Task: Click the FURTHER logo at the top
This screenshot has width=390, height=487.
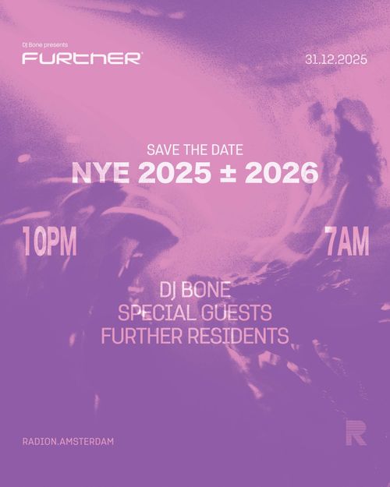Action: pos(82,58)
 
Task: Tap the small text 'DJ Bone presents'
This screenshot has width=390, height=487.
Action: pos(46,45)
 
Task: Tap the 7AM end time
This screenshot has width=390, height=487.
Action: pos(346,243)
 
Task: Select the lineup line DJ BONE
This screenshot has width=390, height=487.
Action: pos(194,292)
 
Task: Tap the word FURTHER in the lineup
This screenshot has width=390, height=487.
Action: pos(138,337)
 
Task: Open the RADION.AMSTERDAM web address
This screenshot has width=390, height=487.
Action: pos(69,442)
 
